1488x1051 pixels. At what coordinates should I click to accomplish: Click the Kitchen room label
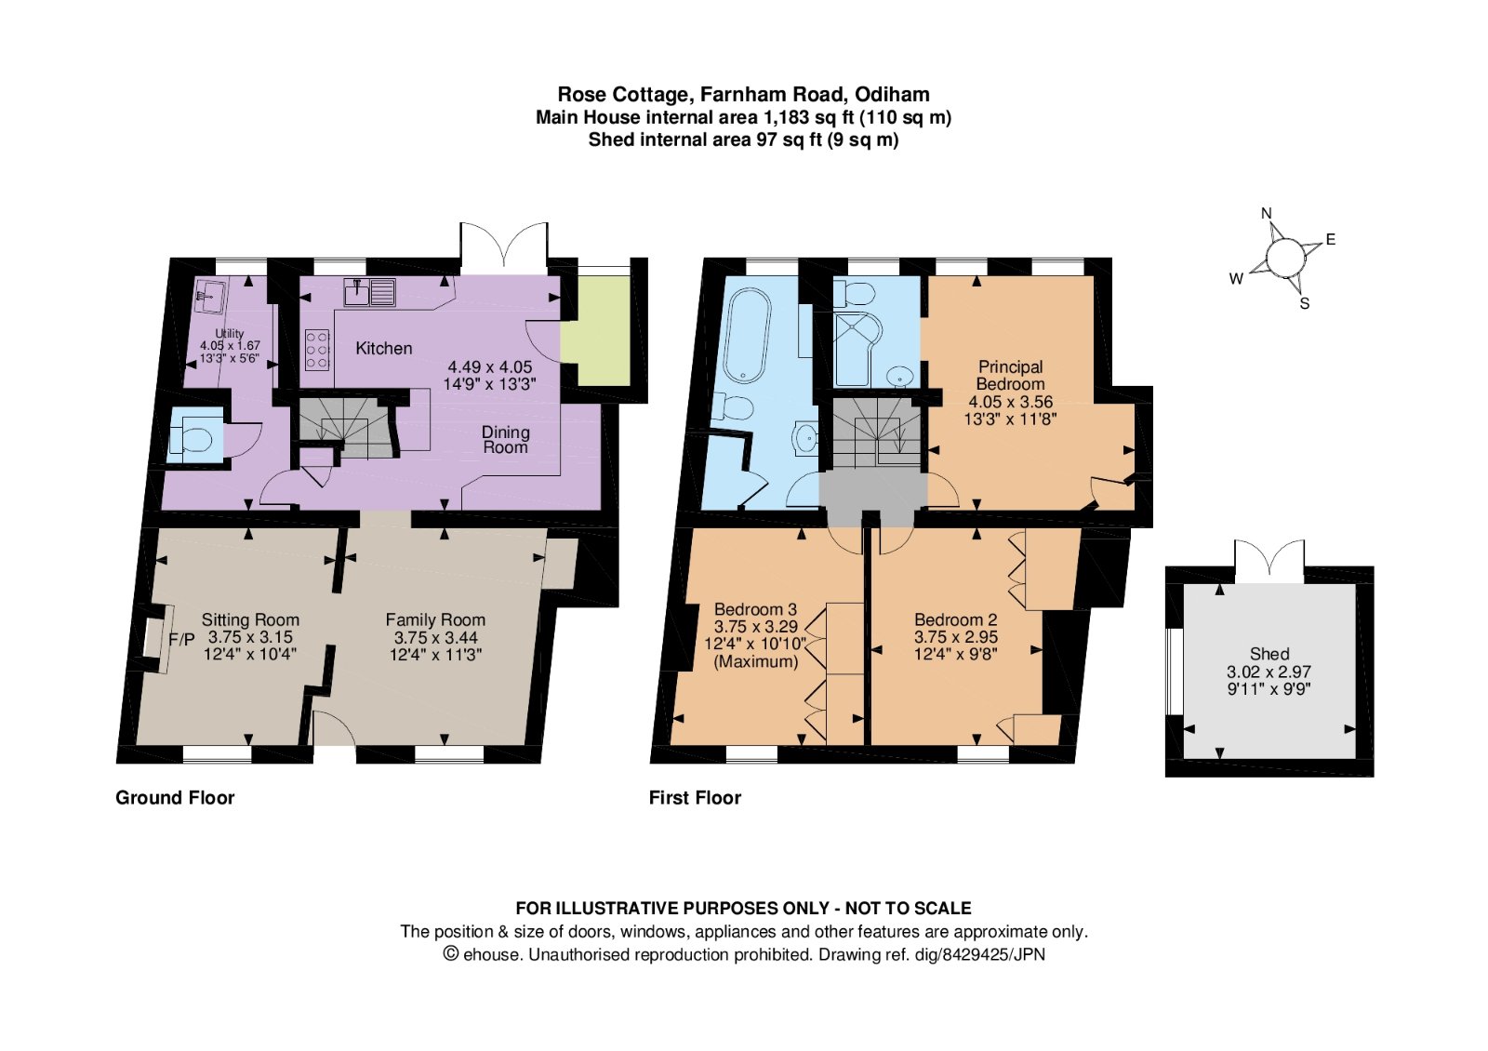[x=383, y=348]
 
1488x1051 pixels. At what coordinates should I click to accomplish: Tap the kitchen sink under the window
[x=369, y=292]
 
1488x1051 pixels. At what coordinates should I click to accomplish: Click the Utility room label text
[x=230, y=333]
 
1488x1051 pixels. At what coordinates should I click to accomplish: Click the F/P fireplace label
[x=181, y=640]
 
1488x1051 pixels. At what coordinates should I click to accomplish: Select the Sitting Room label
[x=250, y=619]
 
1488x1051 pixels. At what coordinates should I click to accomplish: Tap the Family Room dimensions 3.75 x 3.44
[x=435, y=637]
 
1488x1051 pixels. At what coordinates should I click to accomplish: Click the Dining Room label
[x=505, y=439]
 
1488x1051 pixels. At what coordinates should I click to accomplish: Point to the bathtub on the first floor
[x=749, y=335]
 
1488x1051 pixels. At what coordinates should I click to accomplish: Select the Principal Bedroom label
[x=1010, y=375]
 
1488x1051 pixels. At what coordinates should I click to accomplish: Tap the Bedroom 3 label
[x=754, y=609]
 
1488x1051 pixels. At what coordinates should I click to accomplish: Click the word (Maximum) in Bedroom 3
[x=755, y=661]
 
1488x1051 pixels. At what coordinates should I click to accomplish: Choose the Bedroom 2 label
[x=955, y=619]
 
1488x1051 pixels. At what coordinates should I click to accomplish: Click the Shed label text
[x=1269, y=654]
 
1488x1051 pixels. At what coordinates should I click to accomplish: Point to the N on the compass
[x=1266, y=214]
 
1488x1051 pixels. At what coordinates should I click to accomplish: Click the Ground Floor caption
[x=175, y=797]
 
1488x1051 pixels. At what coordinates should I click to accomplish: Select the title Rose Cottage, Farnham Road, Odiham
[x=743, y=94]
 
